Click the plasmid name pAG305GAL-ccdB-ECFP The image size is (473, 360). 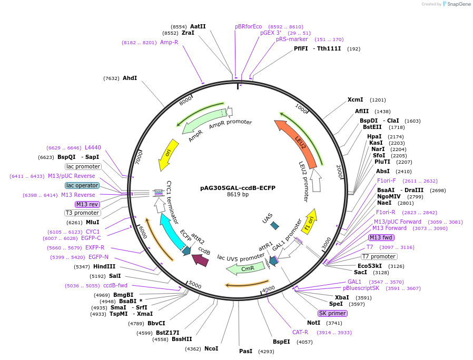pyautogui.click(x=238, y=187)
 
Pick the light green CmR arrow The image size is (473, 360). pyautogui.click(x=245, y=268)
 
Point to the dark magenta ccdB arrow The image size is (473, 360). pyautogui.click(x=200, y=258)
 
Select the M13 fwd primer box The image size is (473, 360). pyautogui.click(x=381, y=237)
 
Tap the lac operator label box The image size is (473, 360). pyautogui.click(x=82, y=185)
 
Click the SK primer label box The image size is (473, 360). pyautogui.click(x=332, y=313)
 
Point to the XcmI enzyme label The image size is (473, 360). pyautogui.click(x=356, y=99)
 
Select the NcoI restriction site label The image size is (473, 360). pyautogui.click(x=211, y=348)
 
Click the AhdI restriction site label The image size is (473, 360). pyautogui.click(x=130, y=78)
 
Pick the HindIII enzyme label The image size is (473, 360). pyautogui.click(x=104, y=266)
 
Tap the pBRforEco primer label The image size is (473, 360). pyautogui.click(x=248, y=26)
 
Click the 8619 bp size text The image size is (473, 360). pyautogui.click(x=238, y=195)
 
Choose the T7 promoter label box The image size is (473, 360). pyautogui.click(x=379, y=256)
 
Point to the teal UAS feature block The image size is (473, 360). pyautogui.click(x=274, y=226)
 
